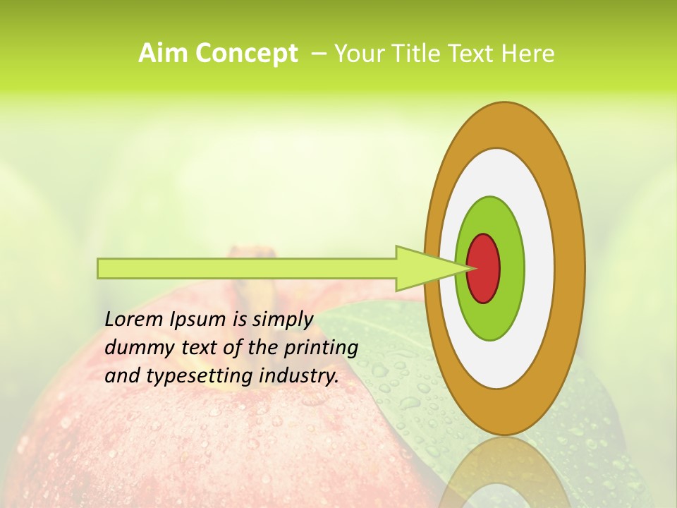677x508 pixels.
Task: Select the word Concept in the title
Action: pyautogui.click(x=246, y=54)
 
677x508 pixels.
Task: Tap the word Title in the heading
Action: pyautogui.click(x=418, y=54)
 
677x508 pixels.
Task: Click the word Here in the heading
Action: pyautogui.click(x=527, y=54)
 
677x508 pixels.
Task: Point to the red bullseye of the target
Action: pyautogui.click(x=484, y=269)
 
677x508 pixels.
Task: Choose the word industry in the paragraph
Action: pyautogui.click(x=299, y=376)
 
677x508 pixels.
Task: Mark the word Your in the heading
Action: pyautogui.click(x=357, y=54)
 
